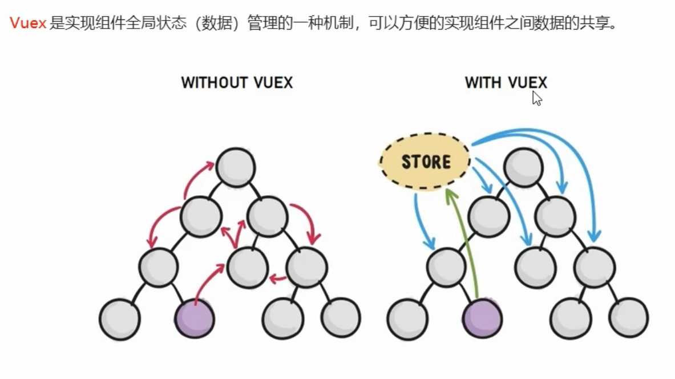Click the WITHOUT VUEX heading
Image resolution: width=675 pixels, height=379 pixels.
[237, 83]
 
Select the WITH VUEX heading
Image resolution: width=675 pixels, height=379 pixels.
[506, 83]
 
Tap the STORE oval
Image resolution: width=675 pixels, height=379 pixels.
[425, 162]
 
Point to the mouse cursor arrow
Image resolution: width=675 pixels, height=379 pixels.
[536, 98]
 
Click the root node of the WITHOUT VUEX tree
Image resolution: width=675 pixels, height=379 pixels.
[236, 167]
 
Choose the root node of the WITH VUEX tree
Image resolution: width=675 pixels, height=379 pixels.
[524, 167]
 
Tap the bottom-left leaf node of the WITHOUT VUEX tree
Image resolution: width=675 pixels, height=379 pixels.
[120, 318]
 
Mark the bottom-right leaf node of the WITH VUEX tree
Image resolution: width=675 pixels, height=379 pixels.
[628, 317]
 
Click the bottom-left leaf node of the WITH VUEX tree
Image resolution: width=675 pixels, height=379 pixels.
[407, 318]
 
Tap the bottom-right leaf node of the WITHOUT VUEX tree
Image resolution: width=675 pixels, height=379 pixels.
[341, 317]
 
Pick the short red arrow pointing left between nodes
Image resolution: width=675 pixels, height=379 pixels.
[278, 279]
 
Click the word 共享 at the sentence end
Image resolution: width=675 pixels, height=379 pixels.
[595, 25]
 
